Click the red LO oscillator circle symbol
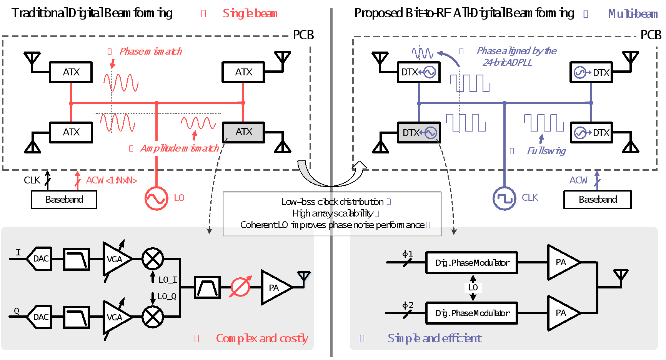156,198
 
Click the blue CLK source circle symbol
504,198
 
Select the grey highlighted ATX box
243,132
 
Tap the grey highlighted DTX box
418,133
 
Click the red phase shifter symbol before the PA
240,287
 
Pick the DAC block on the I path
40,259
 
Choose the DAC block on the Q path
40,317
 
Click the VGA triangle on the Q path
115,317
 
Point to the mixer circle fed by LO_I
153,258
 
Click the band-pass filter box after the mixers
207,287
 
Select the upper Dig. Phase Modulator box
471,263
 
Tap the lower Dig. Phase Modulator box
471,313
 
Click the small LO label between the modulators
473,288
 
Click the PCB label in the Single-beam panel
303,35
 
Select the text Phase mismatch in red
150,51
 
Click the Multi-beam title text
633,14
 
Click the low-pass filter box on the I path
76,259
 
